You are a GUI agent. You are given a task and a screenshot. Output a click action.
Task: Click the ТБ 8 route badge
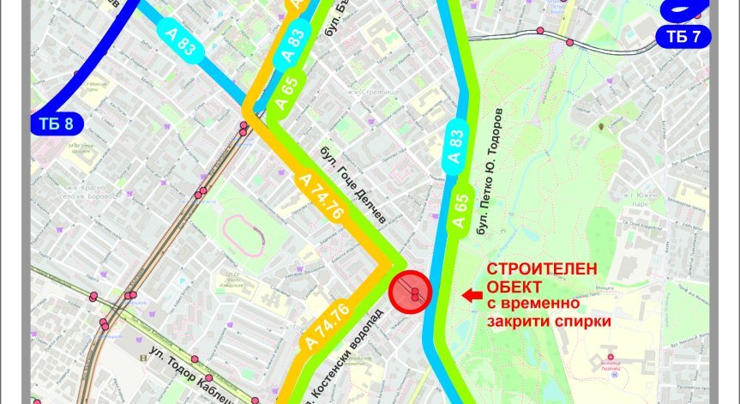click(x=57, y=124)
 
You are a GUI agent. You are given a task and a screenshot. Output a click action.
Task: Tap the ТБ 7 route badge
click(x=683, y=36)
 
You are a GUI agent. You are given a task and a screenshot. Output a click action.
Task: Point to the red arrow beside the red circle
click(x=471, y=295)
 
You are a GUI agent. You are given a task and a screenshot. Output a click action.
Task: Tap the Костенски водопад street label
click(x=338, y=369)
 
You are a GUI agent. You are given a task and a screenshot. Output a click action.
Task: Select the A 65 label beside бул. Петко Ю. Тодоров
click(x=460, y=209)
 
